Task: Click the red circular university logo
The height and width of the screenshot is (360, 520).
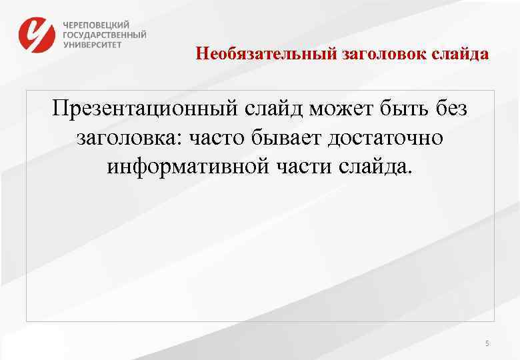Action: click(x=37, y=35)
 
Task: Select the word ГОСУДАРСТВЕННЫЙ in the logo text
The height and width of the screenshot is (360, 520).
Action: click(x=105, y=35)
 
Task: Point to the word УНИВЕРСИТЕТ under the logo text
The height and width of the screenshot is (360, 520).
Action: click(x=93, y=45)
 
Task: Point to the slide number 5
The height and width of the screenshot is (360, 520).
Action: click(x=487, y=343)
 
